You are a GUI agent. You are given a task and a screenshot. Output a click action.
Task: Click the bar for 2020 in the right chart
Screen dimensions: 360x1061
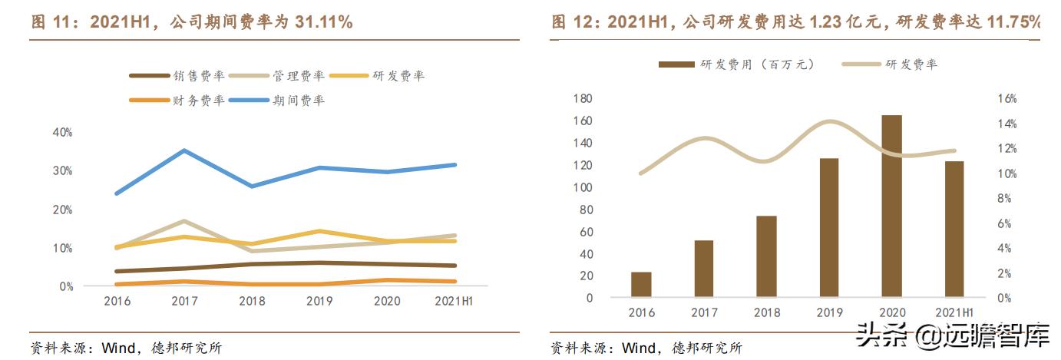click(891, 206)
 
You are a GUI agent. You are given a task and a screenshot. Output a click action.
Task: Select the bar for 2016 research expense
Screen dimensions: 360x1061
click(641, 284)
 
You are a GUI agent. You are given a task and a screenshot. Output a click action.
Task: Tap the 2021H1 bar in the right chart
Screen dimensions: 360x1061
click(954, 229)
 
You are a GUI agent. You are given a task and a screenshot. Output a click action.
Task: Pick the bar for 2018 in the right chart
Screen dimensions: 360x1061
click(766, 256)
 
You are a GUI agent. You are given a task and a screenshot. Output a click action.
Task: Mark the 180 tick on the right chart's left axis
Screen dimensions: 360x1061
click(583, 99)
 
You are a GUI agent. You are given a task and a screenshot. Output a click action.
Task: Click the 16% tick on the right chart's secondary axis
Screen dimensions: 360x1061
click(1006, 99)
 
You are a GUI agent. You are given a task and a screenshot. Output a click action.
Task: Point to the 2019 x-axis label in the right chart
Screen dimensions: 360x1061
click(828, 312)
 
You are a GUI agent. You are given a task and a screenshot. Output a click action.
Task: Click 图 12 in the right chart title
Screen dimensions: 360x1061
click(572, 22)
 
